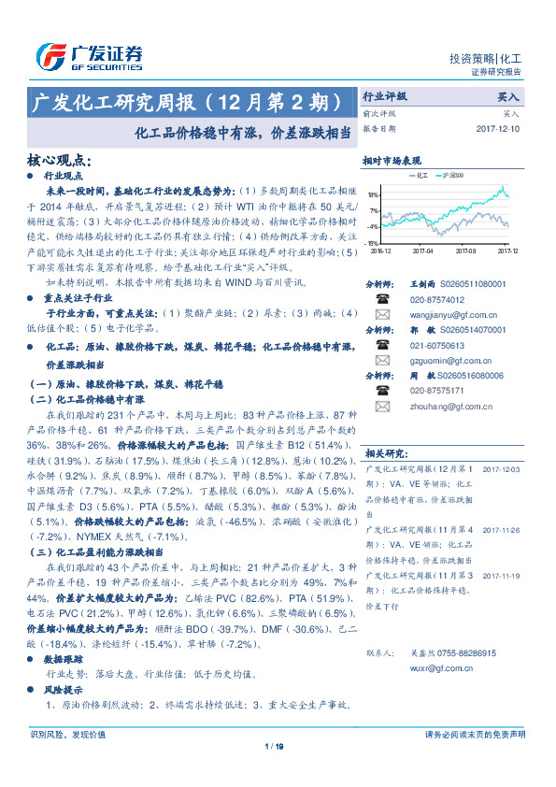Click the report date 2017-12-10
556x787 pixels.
[496, 128]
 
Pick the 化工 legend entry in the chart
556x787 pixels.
[419, 175]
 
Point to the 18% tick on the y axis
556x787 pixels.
[373, 195]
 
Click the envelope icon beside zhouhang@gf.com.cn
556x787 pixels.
[382, 407]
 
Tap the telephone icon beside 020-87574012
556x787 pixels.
[382, 298]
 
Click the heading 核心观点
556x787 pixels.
[62, 161]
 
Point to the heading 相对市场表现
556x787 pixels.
[392, 160]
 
